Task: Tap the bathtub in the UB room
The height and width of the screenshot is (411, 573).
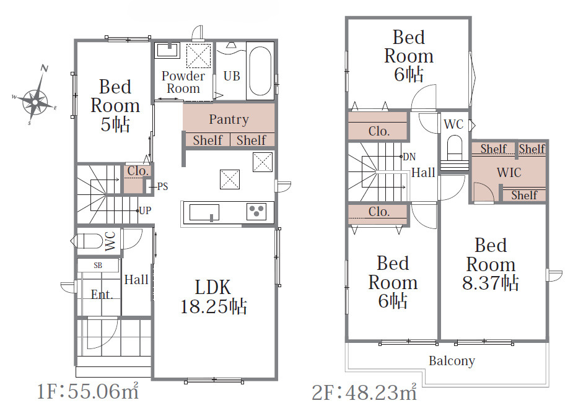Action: (x=260, y=71)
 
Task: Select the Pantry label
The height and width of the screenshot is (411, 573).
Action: (x=229, y=119)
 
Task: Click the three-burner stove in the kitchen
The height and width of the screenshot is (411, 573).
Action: (x=256, y=211)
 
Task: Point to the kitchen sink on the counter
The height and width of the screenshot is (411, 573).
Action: (x=204, y=212)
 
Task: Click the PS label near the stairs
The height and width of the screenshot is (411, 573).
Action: (x=163, y=186)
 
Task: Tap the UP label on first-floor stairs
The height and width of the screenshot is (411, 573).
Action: (x=145, y=210)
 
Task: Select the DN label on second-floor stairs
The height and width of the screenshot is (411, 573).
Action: (x=409, y=157)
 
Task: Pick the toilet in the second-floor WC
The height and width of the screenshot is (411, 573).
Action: (x=455, y=147)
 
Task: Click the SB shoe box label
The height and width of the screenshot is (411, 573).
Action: (x=98, y=266)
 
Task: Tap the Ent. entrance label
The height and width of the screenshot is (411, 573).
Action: (x=102, y=294)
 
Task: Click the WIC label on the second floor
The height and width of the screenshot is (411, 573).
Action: (x=509, y=172)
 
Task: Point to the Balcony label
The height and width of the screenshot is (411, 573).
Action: (x=452, y=361)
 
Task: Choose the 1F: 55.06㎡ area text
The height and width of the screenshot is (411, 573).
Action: (x=88, y=391)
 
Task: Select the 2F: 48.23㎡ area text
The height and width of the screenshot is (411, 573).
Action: (x=364, y=392)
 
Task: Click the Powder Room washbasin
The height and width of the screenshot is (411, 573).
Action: (x=167, y=50)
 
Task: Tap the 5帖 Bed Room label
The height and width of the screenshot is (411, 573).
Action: (x=115, y=105)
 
